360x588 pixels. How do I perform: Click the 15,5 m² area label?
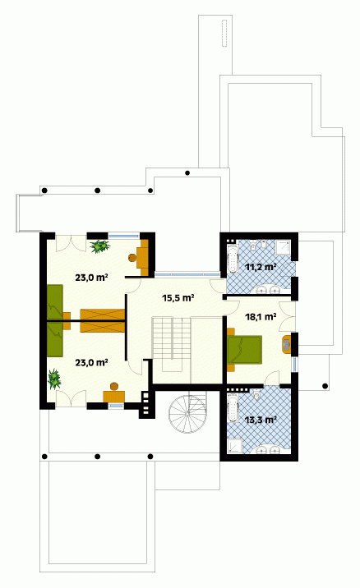pyautogui.click(x=178, y=298)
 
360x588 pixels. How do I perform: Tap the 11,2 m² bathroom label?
pyautogui.click(x=261, y=267)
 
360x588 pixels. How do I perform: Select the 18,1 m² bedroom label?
pyautogui.click(x=261, y=317)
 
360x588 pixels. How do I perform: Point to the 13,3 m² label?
pyautogui.click(x=261, y=420)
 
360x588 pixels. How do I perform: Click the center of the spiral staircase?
pyautogui.click(x=187, y=412)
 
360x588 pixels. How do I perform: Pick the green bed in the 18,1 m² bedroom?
pyautogui.click(x=244, y=350)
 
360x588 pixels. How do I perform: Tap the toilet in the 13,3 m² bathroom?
pyautogui.click(x=257, y=393)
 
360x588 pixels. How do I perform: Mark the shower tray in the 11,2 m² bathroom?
pyautogui.click(x=283, y=247)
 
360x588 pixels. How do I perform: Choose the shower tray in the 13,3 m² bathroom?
pyautogui.click(x=234, y=445)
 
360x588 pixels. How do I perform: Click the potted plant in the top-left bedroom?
pyautogui.click(x=99, y=246)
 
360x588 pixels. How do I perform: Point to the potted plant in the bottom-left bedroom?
pyautogui.click(x=54, y=379)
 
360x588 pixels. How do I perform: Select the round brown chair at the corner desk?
pyautogui.click(x=132, y=258)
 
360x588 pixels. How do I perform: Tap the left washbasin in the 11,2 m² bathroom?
pyautogui.click(x=262, y=289)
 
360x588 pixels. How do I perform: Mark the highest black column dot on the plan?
pyautogui.click(x=187, y=173)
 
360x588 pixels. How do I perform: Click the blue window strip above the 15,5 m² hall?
pyautogui.click(x=187, y=274)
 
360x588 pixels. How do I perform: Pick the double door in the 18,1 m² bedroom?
pyautogui.click(x=287, y=317)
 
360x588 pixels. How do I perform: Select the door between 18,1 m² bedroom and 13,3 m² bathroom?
pyautogui.click(x=272, y=378)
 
